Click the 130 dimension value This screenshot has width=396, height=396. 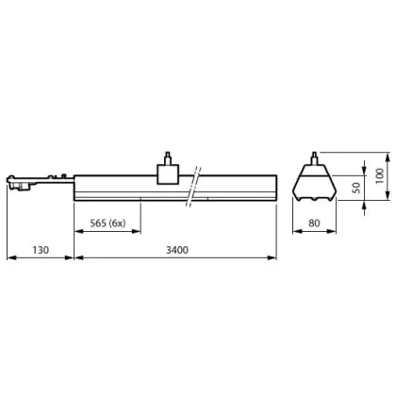click(x=41, y=250)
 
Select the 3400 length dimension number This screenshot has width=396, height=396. click(x=177, y=250)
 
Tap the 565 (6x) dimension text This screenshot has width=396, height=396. click(x=107, y=223)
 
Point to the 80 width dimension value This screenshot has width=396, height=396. click(x=314, y=223)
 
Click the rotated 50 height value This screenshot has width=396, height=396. click(x=356, y=188)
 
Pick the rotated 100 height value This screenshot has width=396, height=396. click(x=380, y=176)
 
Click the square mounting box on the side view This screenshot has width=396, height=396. click(x=168, y=174)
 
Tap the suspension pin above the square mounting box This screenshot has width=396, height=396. click(x=168, y=158)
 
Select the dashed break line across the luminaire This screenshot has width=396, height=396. click(x=193, y=187)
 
